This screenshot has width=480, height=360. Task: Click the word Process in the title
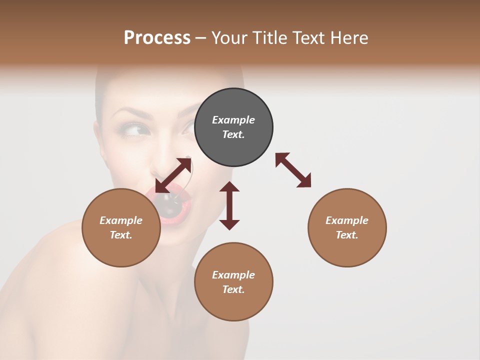pyautogui.click(x=157, y=38)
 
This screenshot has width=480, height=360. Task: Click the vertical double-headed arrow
pyautogui.click(x=229, y=205)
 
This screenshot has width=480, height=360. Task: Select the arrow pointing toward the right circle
pyautogui.click(x=293, y=170)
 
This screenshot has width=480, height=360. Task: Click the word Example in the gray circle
pyautogui.click(x=233, y=120)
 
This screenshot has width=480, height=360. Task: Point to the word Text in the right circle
pyautogui.click(x=346, y=235)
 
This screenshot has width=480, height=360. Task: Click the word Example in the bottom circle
pyautogui.click(x=233, y=275)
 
